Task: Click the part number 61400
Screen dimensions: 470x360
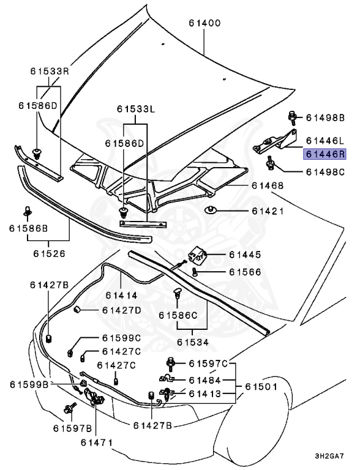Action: point(204,23)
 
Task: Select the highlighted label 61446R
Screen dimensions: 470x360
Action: point(326,155)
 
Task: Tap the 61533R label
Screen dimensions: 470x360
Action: point(49,71)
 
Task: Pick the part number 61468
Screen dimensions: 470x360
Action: point(267,185)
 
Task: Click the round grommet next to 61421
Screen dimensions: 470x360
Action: point(211,211)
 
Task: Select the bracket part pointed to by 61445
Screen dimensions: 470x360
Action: point(198,253)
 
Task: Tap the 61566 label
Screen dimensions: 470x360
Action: point(245,272)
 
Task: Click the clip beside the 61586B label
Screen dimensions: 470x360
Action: point(28,212)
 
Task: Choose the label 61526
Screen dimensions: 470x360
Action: point(50,252)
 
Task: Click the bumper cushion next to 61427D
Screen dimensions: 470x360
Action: point(78,310)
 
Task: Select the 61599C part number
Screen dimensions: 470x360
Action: point(121,338)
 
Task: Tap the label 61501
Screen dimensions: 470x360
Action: point(262,387)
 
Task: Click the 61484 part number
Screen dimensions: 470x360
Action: point(205,381)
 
